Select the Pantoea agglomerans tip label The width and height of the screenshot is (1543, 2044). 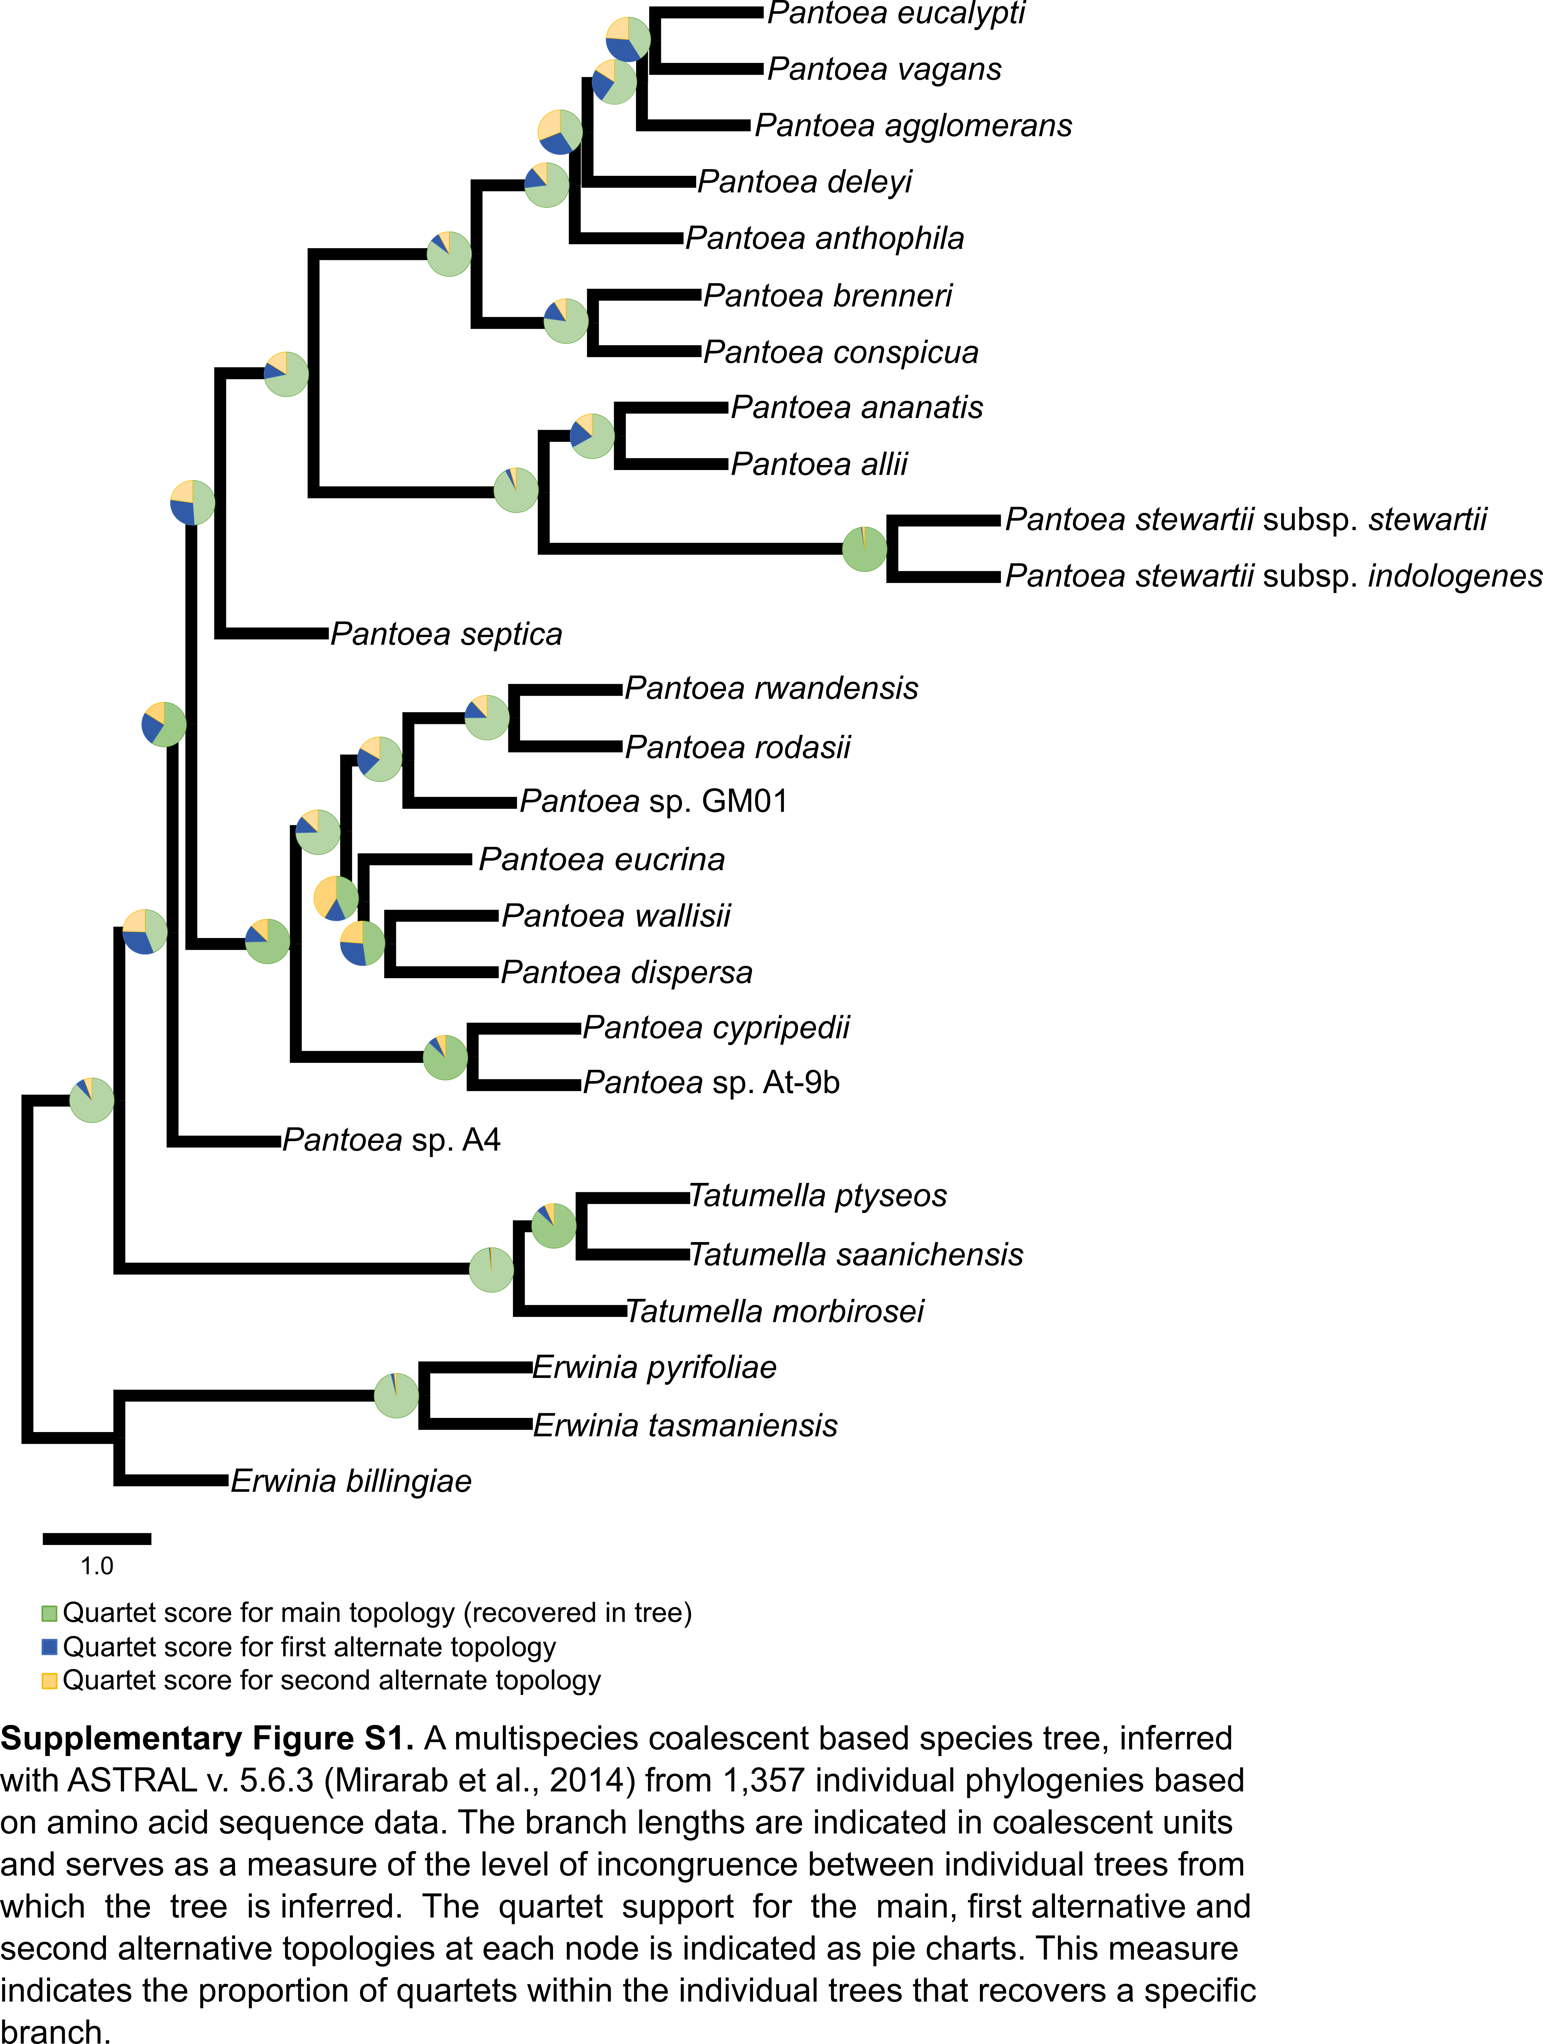pyautogui.click(x=913, y=126)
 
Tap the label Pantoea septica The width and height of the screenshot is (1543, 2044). pyautogui.click(x=446, y=634)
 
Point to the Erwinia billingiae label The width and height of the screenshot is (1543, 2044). pyautogui.click(x=351, y=1481)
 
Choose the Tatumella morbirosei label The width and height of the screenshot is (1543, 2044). pyautogui.click(x=774, y=1311)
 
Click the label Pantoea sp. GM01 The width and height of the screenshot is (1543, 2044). pyautogui.click(x=653, y=801)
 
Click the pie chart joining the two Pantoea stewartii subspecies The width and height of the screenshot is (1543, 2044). pyautogui.click(x=864, y=549)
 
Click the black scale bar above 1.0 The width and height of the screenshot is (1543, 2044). pyautogui.click(x=97, y=1539)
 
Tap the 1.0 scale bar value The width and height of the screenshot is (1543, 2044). pyautogui.click(x=97, y=1566)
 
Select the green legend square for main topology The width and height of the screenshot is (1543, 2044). pyautogui.click(x=50, y=1613)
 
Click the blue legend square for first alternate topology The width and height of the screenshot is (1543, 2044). pyautogui.click(x=50, y=1647)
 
